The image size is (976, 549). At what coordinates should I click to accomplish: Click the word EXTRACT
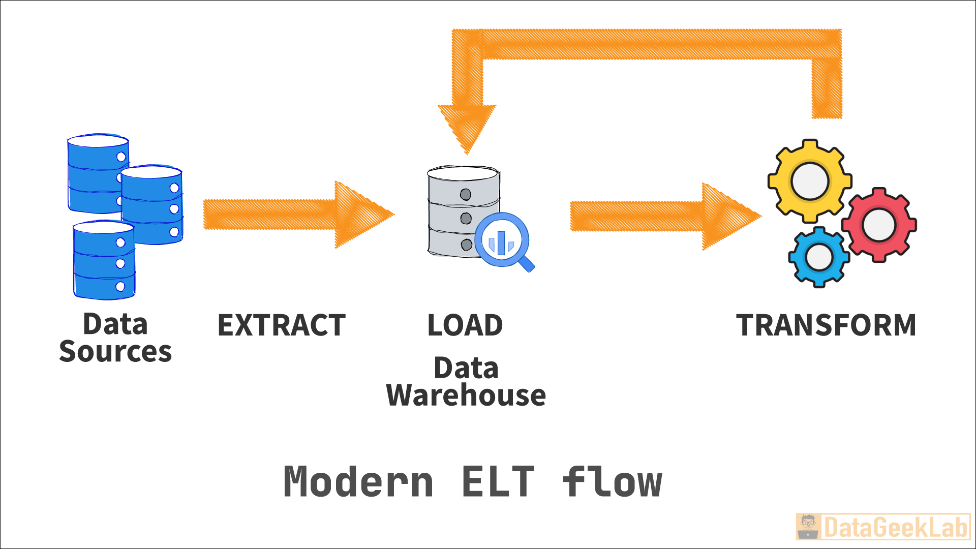click(281, 325)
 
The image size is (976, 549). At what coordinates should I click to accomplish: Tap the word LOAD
click(465, 325)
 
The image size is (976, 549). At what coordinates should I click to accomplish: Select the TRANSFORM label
click(826, 325)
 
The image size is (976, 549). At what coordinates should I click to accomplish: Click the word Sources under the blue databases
click(115, 352)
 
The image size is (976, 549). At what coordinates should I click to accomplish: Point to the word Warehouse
click(466, 395)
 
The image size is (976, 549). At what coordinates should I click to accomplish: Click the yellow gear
click(810, 181)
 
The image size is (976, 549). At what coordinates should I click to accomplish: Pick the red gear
click(879, 225)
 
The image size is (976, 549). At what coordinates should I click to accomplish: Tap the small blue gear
click(819, 257)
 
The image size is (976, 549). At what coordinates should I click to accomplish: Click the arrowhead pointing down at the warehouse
click(467, 127)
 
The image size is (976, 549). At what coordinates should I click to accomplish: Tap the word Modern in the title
click(358, 482)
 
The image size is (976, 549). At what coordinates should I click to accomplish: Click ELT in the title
click(498, 482)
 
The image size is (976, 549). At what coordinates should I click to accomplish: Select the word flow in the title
click(613, 482)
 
